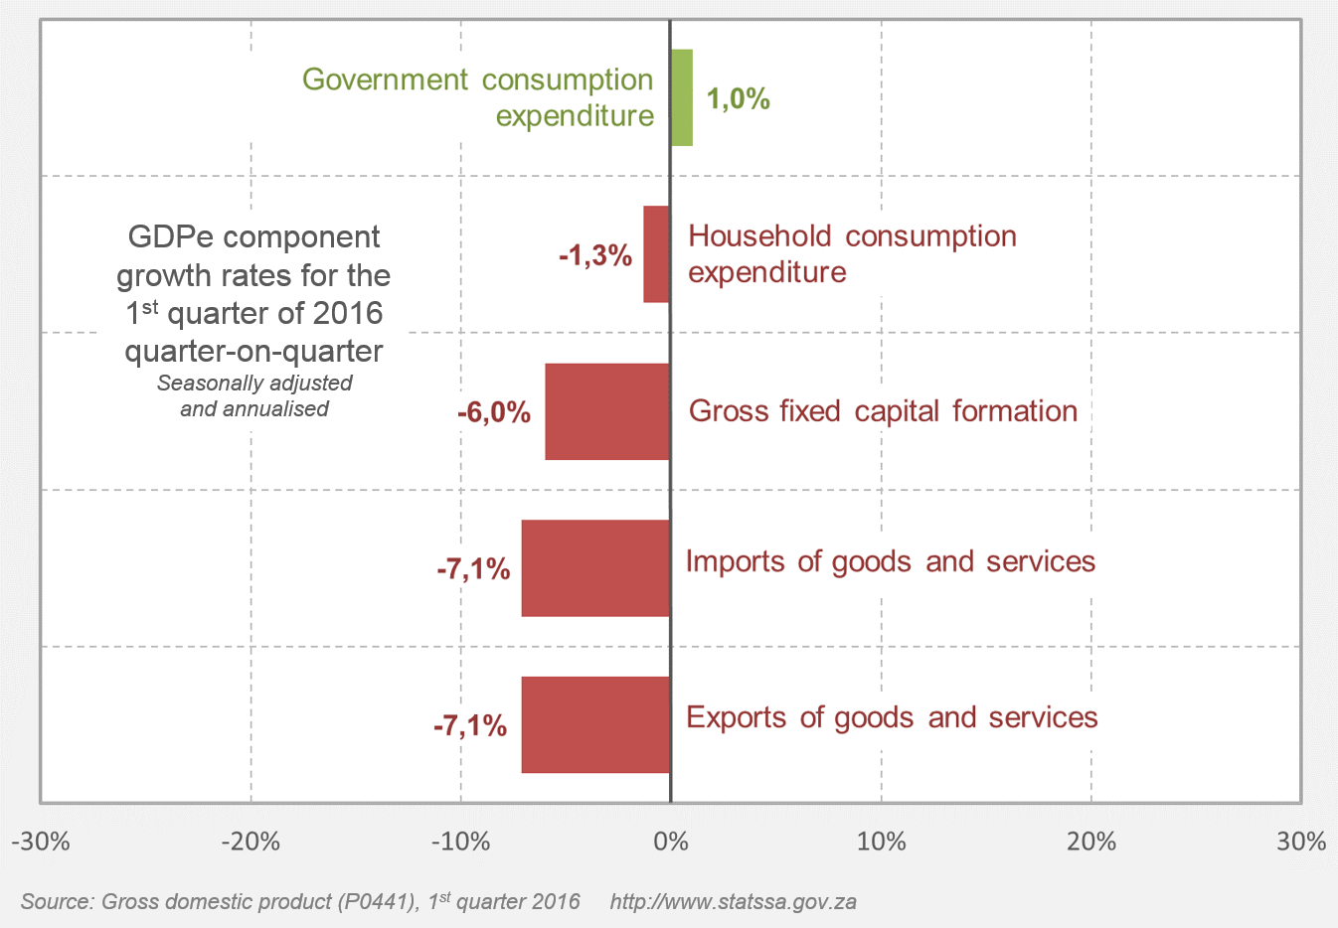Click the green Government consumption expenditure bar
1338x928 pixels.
pyautogui.click(x=682, y=97)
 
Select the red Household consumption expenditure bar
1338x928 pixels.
pyautogui.click(x=656, y=254)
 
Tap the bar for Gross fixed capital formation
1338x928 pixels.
pyautogui.click(x=607, y=411)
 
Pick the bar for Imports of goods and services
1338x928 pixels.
pyautogui.click(x=595, y=568)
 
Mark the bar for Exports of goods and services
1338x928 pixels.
pyautogui.click(x=595, y=725)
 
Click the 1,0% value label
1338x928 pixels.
pyautogui.click(x=739, y=98)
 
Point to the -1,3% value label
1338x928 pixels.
pyautogui.click(x=595, y=255)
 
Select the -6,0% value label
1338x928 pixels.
pyautogui.click(x=494, y=412)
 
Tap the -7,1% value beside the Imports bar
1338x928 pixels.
pyautogui.click(x=473, y=569)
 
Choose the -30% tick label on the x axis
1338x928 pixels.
pyautogui.click(x=41, y=843)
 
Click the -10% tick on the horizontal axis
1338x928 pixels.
pyautogui.click(x=460, y=843)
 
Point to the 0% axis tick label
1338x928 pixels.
pyautogui.click(x=671, y=843)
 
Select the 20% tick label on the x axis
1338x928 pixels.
pyautogui.click(x=1091, y=843)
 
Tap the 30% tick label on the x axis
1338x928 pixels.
pyautogui.click(x=1301, y=843)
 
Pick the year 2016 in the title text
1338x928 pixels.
pyautogui.click(x=347, y=313)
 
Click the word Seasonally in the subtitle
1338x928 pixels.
pyautogui.click(x=205, y=384)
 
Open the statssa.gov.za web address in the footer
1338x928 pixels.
pyautogui.click(x=734, y=902)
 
